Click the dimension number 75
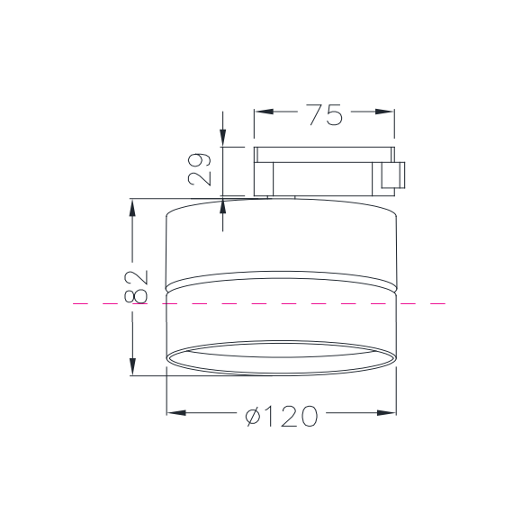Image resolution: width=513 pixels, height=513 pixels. (326, 115)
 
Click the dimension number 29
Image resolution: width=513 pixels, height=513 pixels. (199, 169)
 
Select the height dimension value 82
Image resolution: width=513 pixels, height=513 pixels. (136, 287)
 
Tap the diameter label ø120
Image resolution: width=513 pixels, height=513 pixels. (282, 416)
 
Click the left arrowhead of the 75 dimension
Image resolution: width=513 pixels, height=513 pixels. (265, 112)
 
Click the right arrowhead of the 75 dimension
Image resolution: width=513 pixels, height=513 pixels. (384, 112)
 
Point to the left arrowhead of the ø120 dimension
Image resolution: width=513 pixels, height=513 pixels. (176, 413)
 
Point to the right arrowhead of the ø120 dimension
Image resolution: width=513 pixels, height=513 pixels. (386, 413)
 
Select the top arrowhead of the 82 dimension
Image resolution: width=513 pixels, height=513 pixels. (132, 208)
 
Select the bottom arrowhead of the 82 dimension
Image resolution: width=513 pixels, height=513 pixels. (132, 366)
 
